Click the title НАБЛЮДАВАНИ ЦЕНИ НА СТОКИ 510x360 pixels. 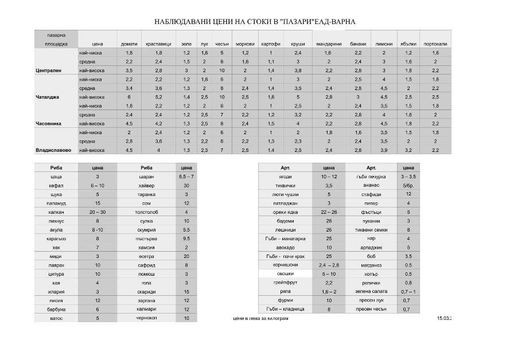[x=255, y=22]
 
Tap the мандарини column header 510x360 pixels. [x=329, y=44]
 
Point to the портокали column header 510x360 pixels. [x=435, y=44]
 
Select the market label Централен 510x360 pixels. [x=48, y=71]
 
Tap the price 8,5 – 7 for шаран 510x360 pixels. [x=186, y=177]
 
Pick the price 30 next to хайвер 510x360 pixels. [x=186, y=186]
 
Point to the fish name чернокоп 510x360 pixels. [x=146, y=318]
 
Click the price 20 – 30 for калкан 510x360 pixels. [x=98, y=212]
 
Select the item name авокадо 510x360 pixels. [x=285, y=247]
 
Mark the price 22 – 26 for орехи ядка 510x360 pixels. [x=329, y=212]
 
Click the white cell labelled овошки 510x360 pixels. [x=285, y=274]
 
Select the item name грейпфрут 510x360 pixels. [x=285, y=283]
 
